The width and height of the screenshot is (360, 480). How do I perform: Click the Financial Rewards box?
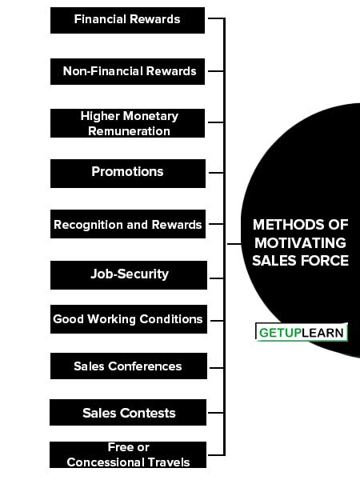tap(127, 20)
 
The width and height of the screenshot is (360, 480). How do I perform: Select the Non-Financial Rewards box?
tap(127, 71)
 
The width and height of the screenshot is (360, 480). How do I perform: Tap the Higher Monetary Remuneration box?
tap(127, 123)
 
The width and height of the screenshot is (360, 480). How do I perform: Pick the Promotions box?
tap(128, 174)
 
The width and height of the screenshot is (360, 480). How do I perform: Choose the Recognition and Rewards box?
tap(128, 224)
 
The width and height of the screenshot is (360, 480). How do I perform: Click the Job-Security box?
tap(129, 275)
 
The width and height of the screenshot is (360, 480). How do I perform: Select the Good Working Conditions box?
tap(129, 319)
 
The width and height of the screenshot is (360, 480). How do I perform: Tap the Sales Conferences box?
tap(129, 366)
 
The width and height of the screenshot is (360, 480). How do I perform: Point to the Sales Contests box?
tap(128, 412)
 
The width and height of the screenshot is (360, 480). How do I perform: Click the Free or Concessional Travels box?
tap(128, 454)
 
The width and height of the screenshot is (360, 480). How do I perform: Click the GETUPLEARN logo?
tap(302, 332)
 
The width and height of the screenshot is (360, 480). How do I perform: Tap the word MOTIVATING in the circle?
tap(300, 243)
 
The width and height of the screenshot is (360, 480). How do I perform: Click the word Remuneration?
tap(129, 131)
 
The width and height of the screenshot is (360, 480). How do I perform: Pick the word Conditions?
tap(171, 319)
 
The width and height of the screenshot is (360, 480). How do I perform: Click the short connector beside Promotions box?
tap(216, 173)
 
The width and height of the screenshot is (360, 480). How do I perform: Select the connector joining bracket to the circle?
tap(234, 244)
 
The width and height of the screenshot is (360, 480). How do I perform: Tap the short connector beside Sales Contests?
tap(216, 413)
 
